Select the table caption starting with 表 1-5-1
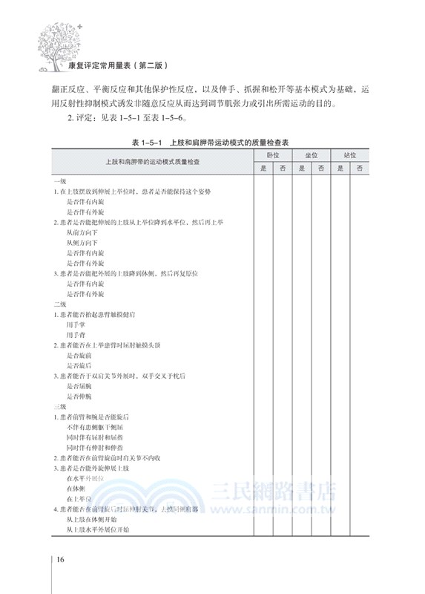point(214,141)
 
